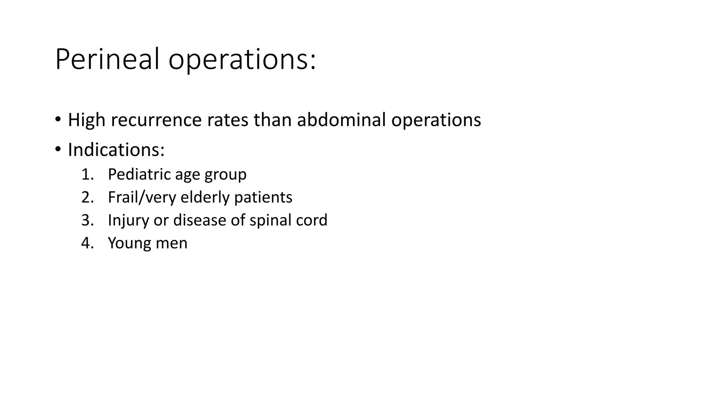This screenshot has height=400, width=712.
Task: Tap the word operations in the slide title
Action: [x=242, y=60]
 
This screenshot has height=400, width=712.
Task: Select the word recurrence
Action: [x=156, y=120]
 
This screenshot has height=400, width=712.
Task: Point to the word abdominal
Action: [x=341, y=120]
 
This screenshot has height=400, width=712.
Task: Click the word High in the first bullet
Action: [x=87, y=120]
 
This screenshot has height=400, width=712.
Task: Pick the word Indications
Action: [x=116, y=150]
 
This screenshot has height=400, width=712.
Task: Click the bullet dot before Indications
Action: [x=58, y=149]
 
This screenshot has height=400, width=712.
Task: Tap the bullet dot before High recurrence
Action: [x=58, y=119]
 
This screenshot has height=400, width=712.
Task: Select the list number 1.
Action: [x=87, y=174]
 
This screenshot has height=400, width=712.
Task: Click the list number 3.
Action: [x=87, y=220]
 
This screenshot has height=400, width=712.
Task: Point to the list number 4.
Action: [x=87, y=243]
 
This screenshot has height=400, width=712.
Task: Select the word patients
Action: [x=263, y=198]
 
